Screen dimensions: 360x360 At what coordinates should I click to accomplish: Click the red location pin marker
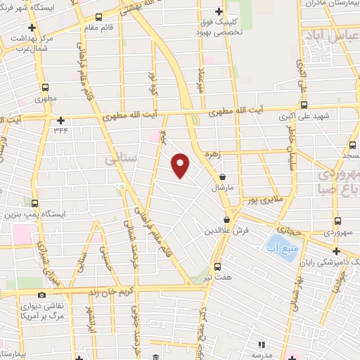tap(181, 165)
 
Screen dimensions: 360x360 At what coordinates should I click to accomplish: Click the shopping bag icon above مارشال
tap(223, 177)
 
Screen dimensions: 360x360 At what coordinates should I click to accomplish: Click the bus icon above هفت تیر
tap(217, 266)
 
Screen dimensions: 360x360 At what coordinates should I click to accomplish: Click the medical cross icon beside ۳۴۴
tap(61, 120)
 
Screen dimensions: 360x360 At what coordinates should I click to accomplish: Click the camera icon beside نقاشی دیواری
tap(41, 295)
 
